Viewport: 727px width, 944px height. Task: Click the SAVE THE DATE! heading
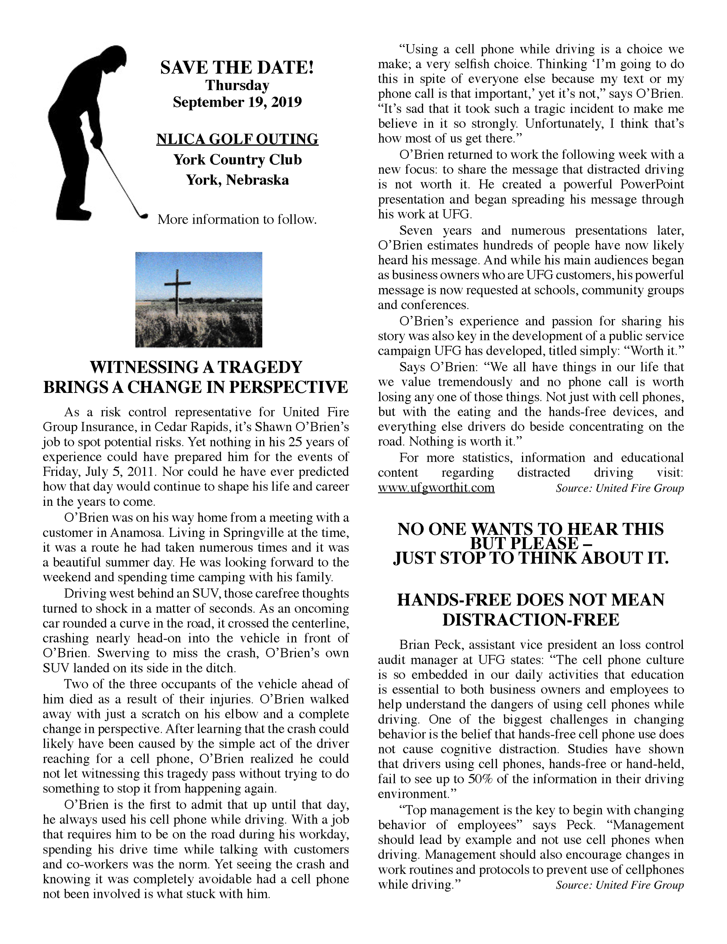(237, 68)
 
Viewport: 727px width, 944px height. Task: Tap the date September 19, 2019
(237, 102)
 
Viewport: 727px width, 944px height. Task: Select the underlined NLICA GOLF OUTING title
(237, 139)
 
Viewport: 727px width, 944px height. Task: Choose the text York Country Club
(237, 160)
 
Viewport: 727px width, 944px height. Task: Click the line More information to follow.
(237, 220)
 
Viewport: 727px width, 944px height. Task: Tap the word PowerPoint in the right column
(652, 185)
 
